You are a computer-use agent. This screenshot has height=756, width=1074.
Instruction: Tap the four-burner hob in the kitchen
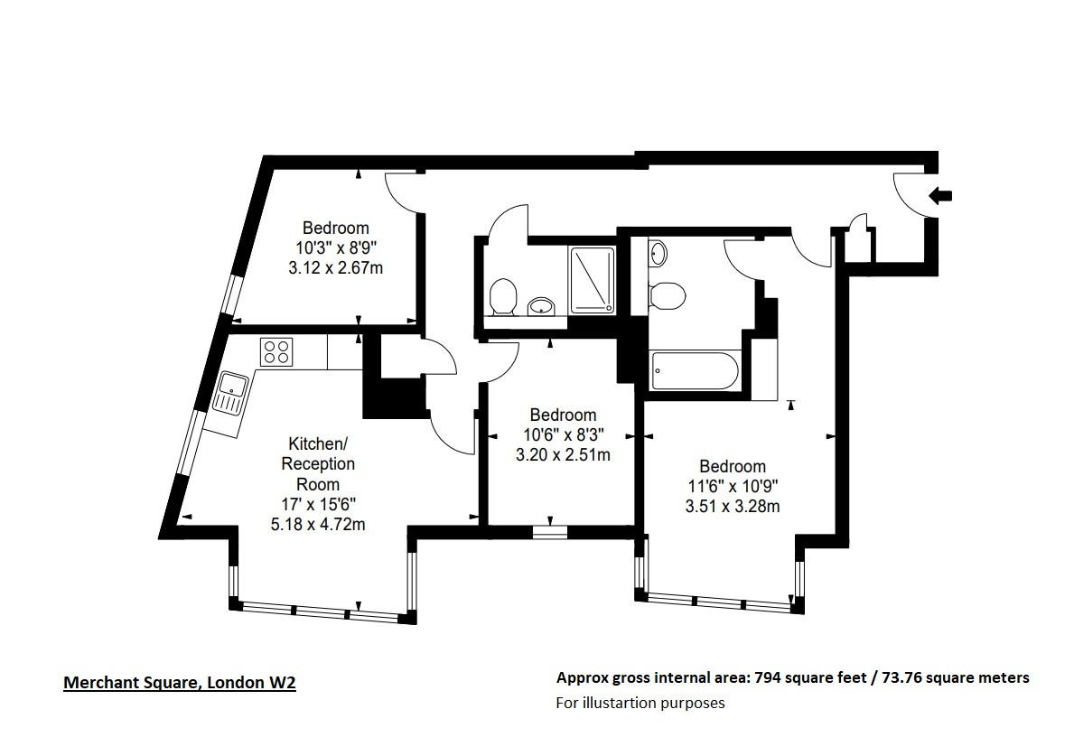click(x=276, y=352)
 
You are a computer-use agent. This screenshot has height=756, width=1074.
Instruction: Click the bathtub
click(x=696, y=370)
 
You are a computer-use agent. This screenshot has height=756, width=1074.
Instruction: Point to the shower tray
click(x=593, y=280)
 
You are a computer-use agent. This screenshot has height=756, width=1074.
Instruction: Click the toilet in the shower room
click(x=502, y=297)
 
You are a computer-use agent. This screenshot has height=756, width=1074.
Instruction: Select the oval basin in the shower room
click(x=542, y=305)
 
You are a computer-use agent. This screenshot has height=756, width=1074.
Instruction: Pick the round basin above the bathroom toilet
click(x=658, y=254)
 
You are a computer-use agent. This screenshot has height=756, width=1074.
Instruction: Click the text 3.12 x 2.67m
click(x=336, y=267)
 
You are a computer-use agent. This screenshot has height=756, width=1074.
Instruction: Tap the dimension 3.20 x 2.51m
click(x=563, y=454)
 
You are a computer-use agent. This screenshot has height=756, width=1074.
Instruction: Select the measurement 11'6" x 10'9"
click(x=733, y=486)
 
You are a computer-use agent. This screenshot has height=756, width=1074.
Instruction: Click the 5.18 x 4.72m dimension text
click(x=318, y=525)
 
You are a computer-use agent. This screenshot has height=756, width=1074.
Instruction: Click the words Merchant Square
click(x=132, y=683)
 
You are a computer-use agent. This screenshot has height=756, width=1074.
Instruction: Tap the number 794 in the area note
click(x=767, y=678)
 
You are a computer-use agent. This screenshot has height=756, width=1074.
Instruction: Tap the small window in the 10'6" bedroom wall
click(x=550, y=531)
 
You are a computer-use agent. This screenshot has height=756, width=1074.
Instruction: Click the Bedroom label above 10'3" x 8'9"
click(x=336, y=228)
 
